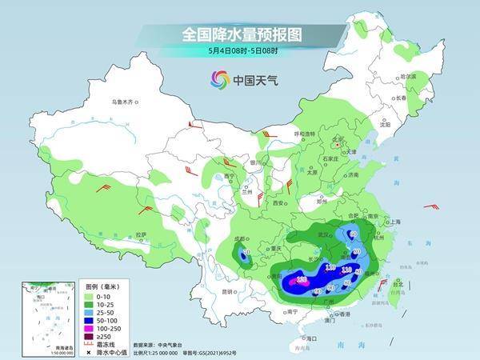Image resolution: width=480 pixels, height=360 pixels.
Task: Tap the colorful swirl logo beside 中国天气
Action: (218, 79)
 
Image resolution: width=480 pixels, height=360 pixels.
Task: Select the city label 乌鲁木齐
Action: (126, 102)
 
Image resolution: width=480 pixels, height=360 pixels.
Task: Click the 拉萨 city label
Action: (141, 234)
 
